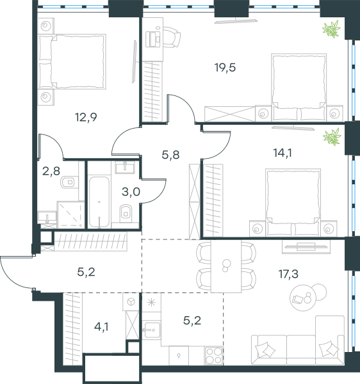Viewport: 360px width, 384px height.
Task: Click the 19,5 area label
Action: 225,68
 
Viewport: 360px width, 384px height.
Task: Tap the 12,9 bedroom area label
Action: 86,117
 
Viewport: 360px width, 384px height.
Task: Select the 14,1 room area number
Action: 282,153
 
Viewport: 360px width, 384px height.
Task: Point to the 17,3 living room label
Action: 288,274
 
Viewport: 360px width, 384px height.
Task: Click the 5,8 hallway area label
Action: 170,155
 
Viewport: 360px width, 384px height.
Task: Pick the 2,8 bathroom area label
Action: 51,171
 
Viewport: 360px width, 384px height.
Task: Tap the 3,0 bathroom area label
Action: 131,192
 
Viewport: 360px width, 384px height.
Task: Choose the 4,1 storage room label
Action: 101,326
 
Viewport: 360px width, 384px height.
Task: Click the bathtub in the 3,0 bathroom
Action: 99,202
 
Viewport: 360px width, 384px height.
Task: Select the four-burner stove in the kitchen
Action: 214,356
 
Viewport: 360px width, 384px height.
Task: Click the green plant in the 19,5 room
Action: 332,29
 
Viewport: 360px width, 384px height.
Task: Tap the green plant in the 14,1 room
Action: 332,137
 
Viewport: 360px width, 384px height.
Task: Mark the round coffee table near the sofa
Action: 302,298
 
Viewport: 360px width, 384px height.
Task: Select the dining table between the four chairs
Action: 226,266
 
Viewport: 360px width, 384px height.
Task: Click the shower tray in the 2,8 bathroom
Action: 70,215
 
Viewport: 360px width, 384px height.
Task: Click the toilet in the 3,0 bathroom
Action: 126,212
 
